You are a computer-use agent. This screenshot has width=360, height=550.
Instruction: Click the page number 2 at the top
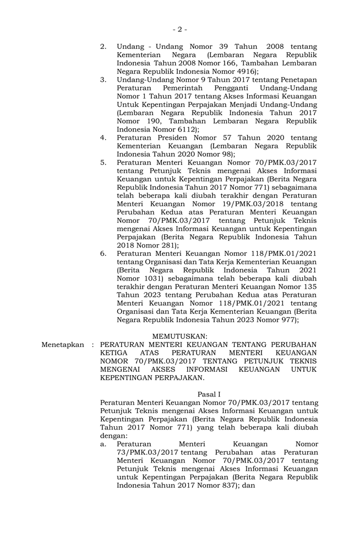pyautogui.click(x=179, y=29)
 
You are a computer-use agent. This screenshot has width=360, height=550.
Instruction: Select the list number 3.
pyautogui.click(x=103, y=80)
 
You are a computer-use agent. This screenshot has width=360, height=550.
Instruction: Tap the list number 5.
pyautogui.click(x=103, y=163)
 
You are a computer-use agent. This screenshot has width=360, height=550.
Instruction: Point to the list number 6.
pyautogui.click(x=103, y=254)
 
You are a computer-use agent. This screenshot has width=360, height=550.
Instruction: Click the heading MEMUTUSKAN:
pyautogui.click(x=180, y=335)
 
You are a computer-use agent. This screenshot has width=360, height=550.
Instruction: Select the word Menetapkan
pyautogui.click(x=63, y=345)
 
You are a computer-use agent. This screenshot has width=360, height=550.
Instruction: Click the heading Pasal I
pyautogui.click(x=209, y=394)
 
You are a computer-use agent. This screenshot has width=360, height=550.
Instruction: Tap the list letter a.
pyautogui.click(x=103, y=444)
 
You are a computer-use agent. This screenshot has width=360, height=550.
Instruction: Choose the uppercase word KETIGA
pyautogui.click(x=114, y=353)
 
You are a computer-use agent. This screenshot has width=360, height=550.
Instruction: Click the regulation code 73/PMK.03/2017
pyautogui.click(x=147, y=452)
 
